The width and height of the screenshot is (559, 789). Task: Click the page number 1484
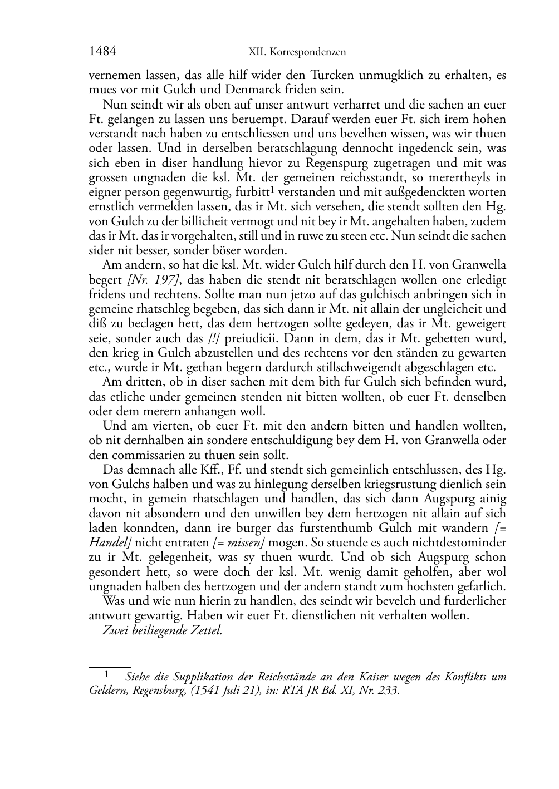(x=102, y=52)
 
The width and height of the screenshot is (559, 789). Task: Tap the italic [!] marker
(x=214, y=338)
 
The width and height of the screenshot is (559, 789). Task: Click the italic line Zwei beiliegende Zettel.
(x=163, y=631)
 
